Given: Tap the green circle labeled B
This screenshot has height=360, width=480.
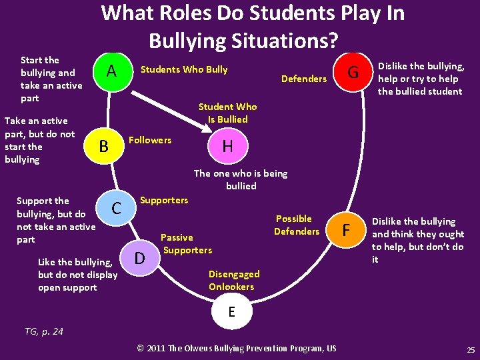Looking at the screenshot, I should coord(103,146).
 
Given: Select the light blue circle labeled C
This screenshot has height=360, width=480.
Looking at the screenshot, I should coord(116,208).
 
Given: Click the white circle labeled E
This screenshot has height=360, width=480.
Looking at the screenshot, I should coord(231,312).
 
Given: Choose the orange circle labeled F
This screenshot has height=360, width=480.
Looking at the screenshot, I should coord(345,231).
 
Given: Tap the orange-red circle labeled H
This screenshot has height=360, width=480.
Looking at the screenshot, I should coord(227,146).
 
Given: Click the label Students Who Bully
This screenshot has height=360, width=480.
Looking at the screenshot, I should coord(183,69).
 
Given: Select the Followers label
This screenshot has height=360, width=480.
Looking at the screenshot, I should coord(150,140).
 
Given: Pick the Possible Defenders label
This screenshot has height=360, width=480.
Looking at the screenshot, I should coord(296,225).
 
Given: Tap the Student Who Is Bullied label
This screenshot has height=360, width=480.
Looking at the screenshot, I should coord(227,113).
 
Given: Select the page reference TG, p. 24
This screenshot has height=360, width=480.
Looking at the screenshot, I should coord(44,331).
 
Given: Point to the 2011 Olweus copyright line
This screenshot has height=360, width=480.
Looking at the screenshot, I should coord(237,348).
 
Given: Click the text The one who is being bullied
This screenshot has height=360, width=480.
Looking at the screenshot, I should coord(241,179).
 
